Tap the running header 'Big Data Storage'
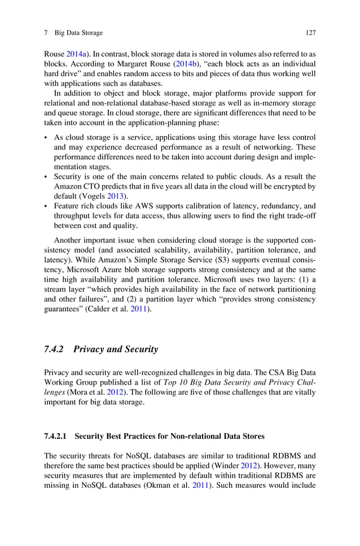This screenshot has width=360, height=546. (x=78, y=33)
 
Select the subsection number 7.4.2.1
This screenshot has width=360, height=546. (x=55, y=436)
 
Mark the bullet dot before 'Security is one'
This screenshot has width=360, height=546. (x=46, y=176)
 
